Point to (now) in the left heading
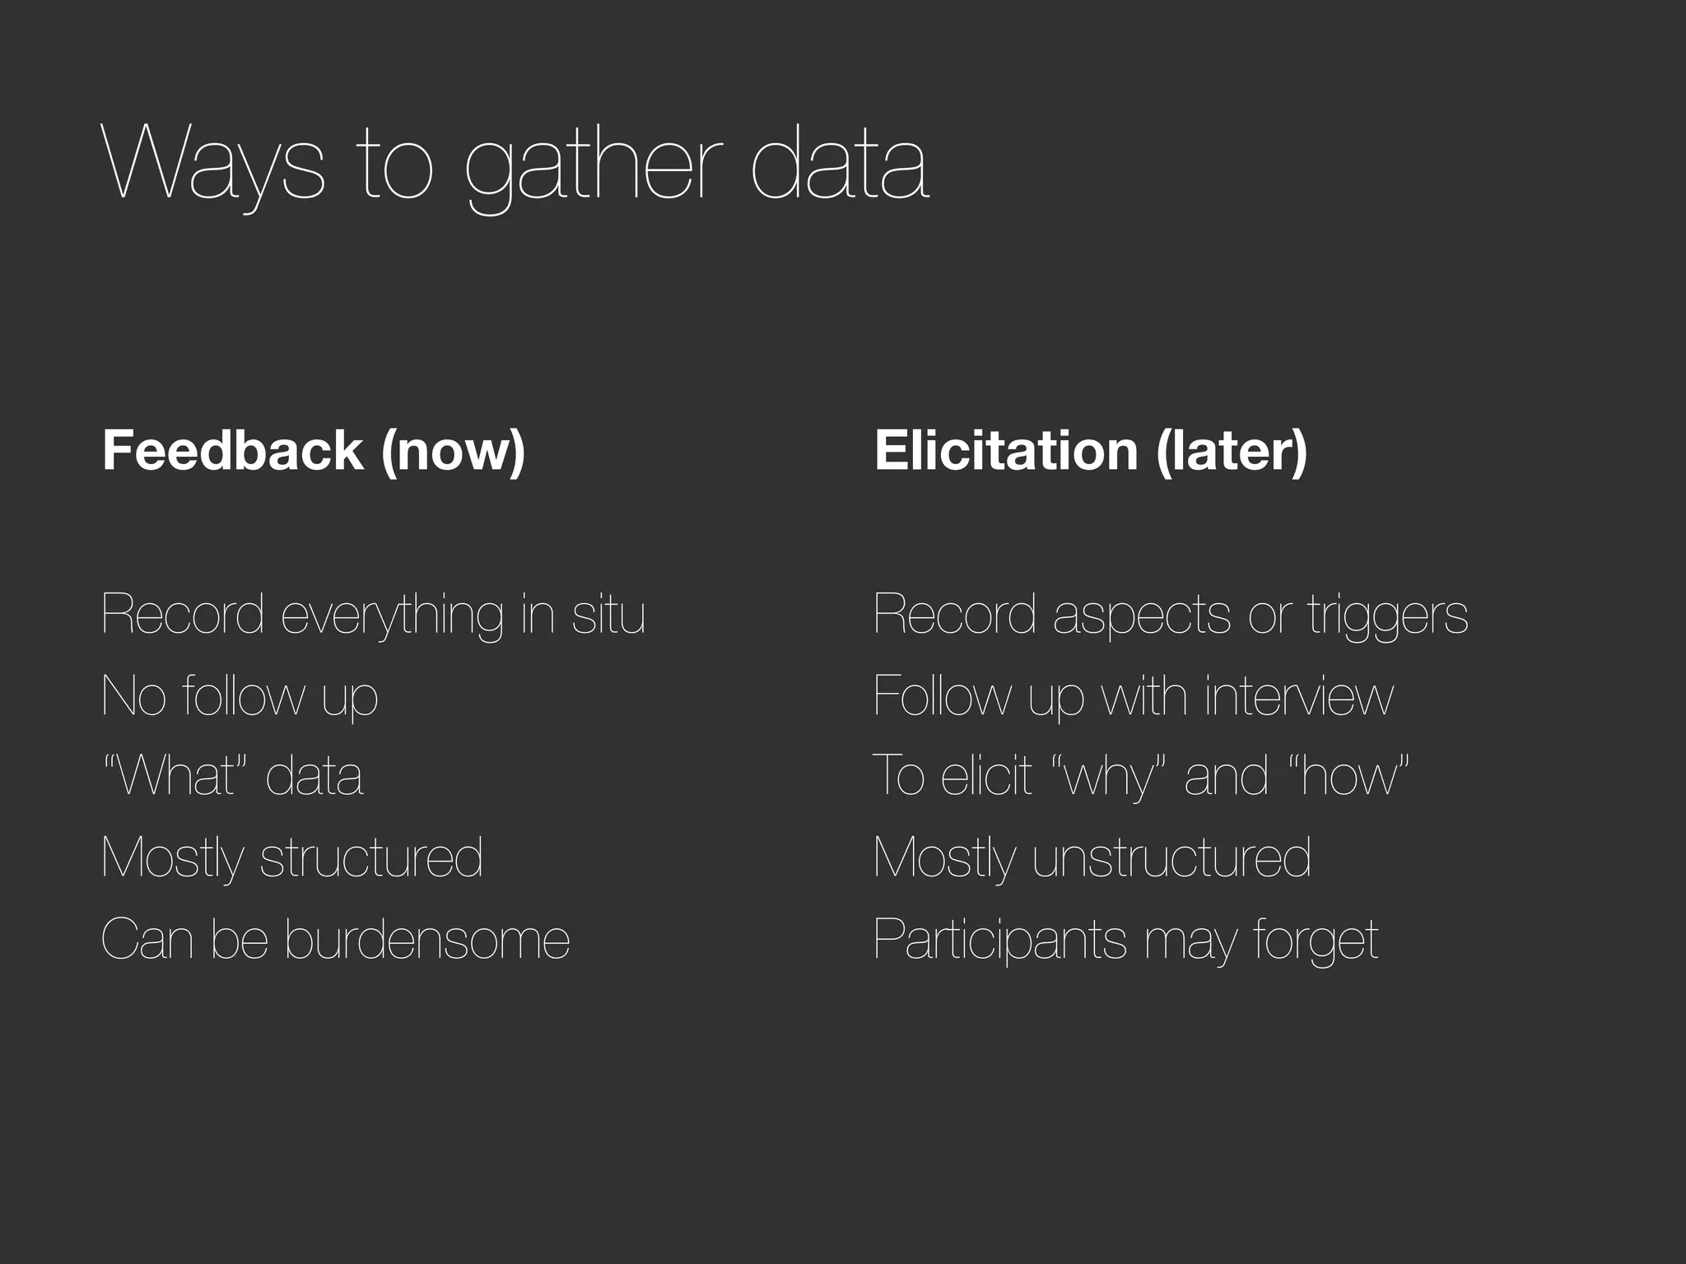[x=453, y=452]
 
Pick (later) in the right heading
[x=1232, y=452]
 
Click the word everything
[x=392, y=615]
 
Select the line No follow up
[x=240, y=696]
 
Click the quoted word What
[x=178, y=775]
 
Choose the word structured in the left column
[x=371, y=857]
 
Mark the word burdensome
[x=427, y=938]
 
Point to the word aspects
[x=1142, y=616]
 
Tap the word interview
[x=1299, y=695]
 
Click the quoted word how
[x=1351, y=775]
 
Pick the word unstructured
[x=1171, y=857]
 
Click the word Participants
[x=999, y=940]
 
